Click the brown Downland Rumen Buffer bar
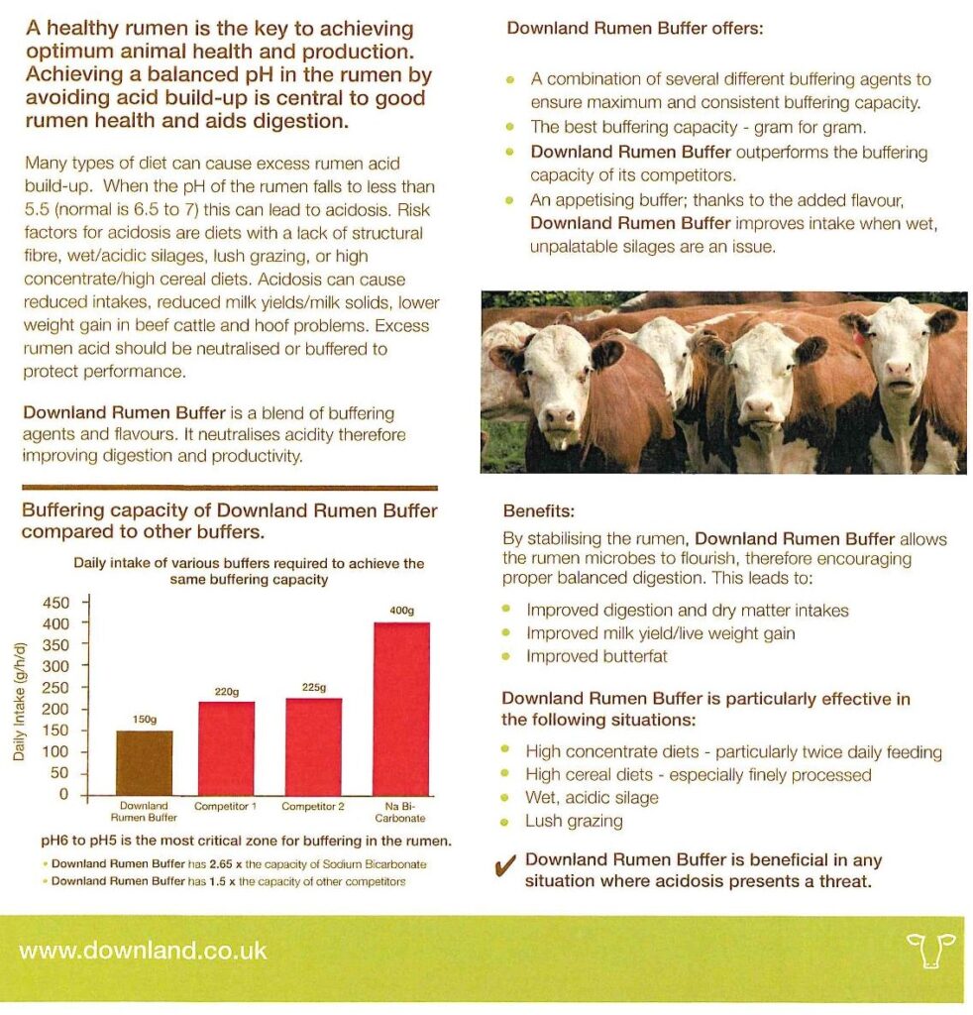click(x=145, y=761)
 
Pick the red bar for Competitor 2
click(x=313, y=745)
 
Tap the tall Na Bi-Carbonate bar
click(x=400, y=708)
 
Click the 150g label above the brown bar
click(x=146, y=720)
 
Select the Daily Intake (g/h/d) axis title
click(x=21, y=699)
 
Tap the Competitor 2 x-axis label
click(x=313, y=807)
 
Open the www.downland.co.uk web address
click(x=143, y=950)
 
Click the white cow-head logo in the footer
click(x=929, y=950)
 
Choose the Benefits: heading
click(x=539, y=512)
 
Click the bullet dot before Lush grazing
click(x=507, y=822)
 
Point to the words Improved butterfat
click(x=596, y=656)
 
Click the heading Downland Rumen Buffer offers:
click(x=635, y=29)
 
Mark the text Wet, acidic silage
click(x=592, y=798)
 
